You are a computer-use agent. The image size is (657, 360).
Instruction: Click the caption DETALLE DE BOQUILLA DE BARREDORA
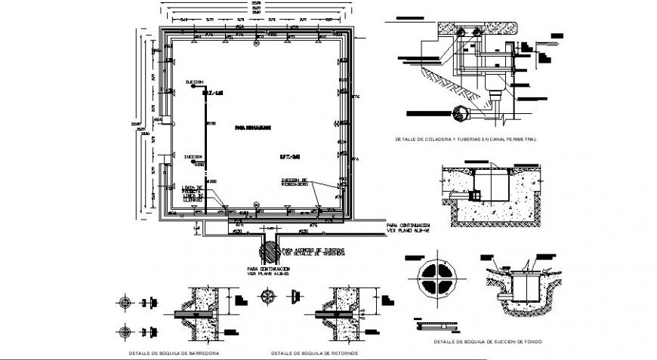click(x=174, y=352)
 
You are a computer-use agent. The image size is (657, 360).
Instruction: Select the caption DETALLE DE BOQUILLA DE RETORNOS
click(x=314, y=352)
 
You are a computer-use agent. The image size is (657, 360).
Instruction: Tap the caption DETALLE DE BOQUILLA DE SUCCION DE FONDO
click(x=487, y=342)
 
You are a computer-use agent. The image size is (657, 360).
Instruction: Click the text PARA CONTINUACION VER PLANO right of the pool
click(x=408, y=227)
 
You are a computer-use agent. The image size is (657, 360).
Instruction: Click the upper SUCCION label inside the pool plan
click(x=193, y=81)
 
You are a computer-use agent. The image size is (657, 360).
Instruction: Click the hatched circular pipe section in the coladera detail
click(x=461, y=113)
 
